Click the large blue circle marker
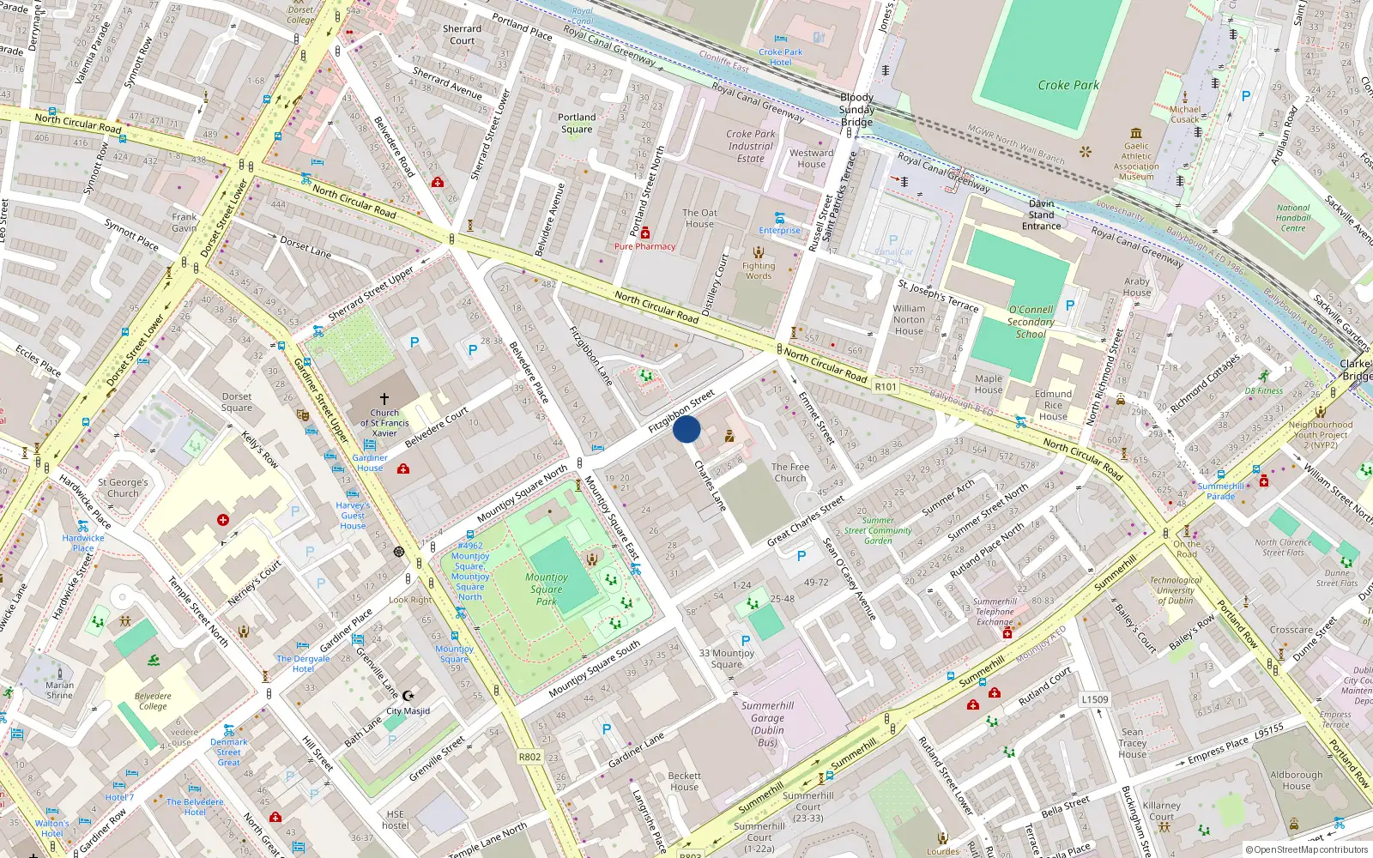click(x=686, y=429)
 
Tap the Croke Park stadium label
click(x=1068, y=85)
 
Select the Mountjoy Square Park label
click(x=547, y=589)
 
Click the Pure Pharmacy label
click(x=644, y=246)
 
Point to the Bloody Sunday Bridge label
click(x=856, y=110)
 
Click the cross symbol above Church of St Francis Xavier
click(x=384, y=399)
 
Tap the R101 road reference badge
click(x=886, y=387)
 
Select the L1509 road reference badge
click(x=1094, y=699)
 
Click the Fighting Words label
click(x=759, y=271)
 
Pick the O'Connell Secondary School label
click(x=1031, y=322)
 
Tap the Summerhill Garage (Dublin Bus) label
click(x=767, y=724)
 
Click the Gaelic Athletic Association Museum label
click(x=1136, y=161)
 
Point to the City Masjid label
click(x=408, y=710)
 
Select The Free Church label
click(x=789, y=473)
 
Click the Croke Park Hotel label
click(x=781, y=57)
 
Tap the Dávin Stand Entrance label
click(x=1041, y=215)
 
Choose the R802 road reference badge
click(x=529, y=757)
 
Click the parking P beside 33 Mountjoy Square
click(x=745, y=641)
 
